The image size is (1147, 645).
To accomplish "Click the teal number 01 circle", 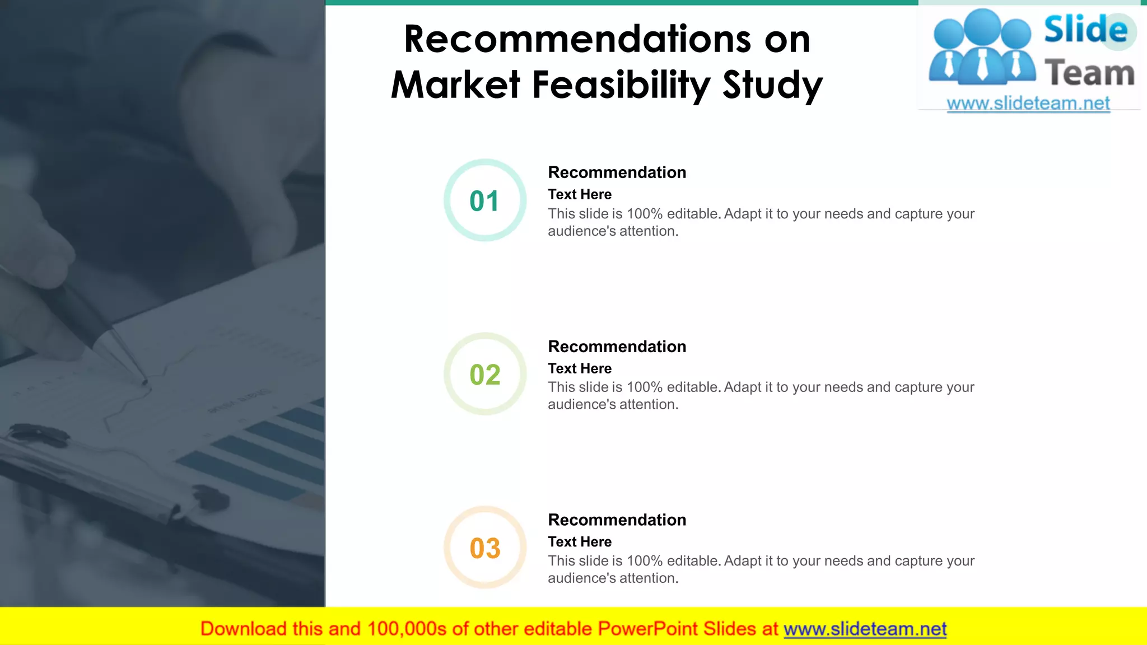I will tap(485, 200).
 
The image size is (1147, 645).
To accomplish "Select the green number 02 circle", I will tap(485, 374).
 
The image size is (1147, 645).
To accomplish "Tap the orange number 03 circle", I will tap(485, 548).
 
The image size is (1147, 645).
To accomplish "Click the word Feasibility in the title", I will tap(621, 85).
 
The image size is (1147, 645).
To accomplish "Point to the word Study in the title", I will tap(772, 85).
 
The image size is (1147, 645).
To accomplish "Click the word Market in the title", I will tap(456, 85).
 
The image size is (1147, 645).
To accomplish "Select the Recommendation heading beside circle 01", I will tap(617, 172).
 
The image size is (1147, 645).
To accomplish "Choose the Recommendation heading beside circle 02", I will tap(617, 347).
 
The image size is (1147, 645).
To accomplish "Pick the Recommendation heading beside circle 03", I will tap(617, 520).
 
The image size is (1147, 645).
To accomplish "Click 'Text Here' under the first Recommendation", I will tap(580, 194).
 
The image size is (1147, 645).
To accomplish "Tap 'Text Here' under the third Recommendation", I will tap(580, 542).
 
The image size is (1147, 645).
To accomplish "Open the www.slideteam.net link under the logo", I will tap(1028, 104).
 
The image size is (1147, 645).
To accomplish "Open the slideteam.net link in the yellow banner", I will tap(865, 629).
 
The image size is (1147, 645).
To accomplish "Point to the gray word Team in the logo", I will tap(1089, 73).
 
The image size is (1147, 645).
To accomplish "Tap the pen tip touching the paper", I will tap(145, 382).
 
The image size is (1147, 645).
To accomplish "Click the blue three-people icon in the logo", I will tap(982, 48).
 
